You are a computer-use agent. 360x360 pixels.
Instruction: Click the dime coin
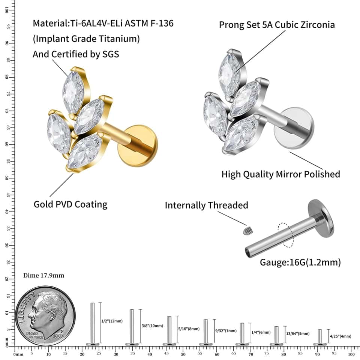click(x=45, y=316)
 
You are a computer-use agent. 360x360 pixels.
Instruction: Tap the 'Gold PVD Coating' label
click(x=70, y=204)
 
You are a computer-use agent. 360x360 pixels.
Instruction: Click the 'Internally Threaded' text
click(x=206, y=205)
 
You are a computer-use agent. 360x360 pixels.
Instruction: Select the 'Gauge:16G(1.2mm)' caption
click(x=300, y=262)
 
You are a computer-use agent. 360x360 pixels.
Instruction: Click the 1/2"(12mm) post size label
click(x=112, y=321)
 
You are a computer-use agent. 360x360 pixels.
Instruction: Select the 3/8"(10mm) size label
click(x=152, y=325)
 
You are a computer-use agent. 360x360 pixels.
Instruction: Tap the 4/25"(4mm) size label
click(x=340, y=336)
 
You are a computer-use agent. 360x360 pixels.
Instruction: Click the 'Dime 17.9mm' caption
click(x=43, y=275)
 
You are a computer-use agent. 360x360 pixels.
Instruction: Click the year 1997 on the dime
click(x=58, y=336)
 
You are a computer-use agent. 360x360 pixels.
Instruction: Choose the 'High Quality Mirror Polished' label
click(x=280, y=174)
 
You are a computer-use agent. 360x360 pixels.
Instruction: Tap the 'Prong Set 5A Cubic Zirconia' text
click(x=277, y=25)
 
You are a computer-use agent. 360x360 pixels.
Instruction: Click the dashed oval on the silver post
click(x=285, y=235)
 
